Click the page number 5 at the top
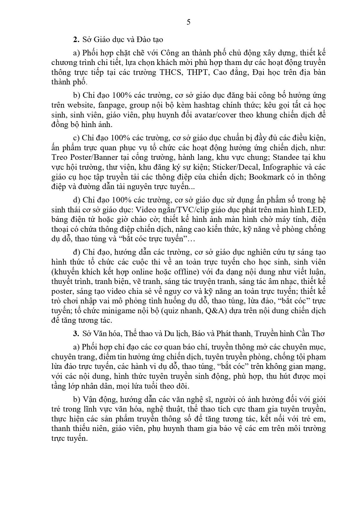[189, 22]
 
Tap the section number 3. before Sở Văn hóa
[76, 334]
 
